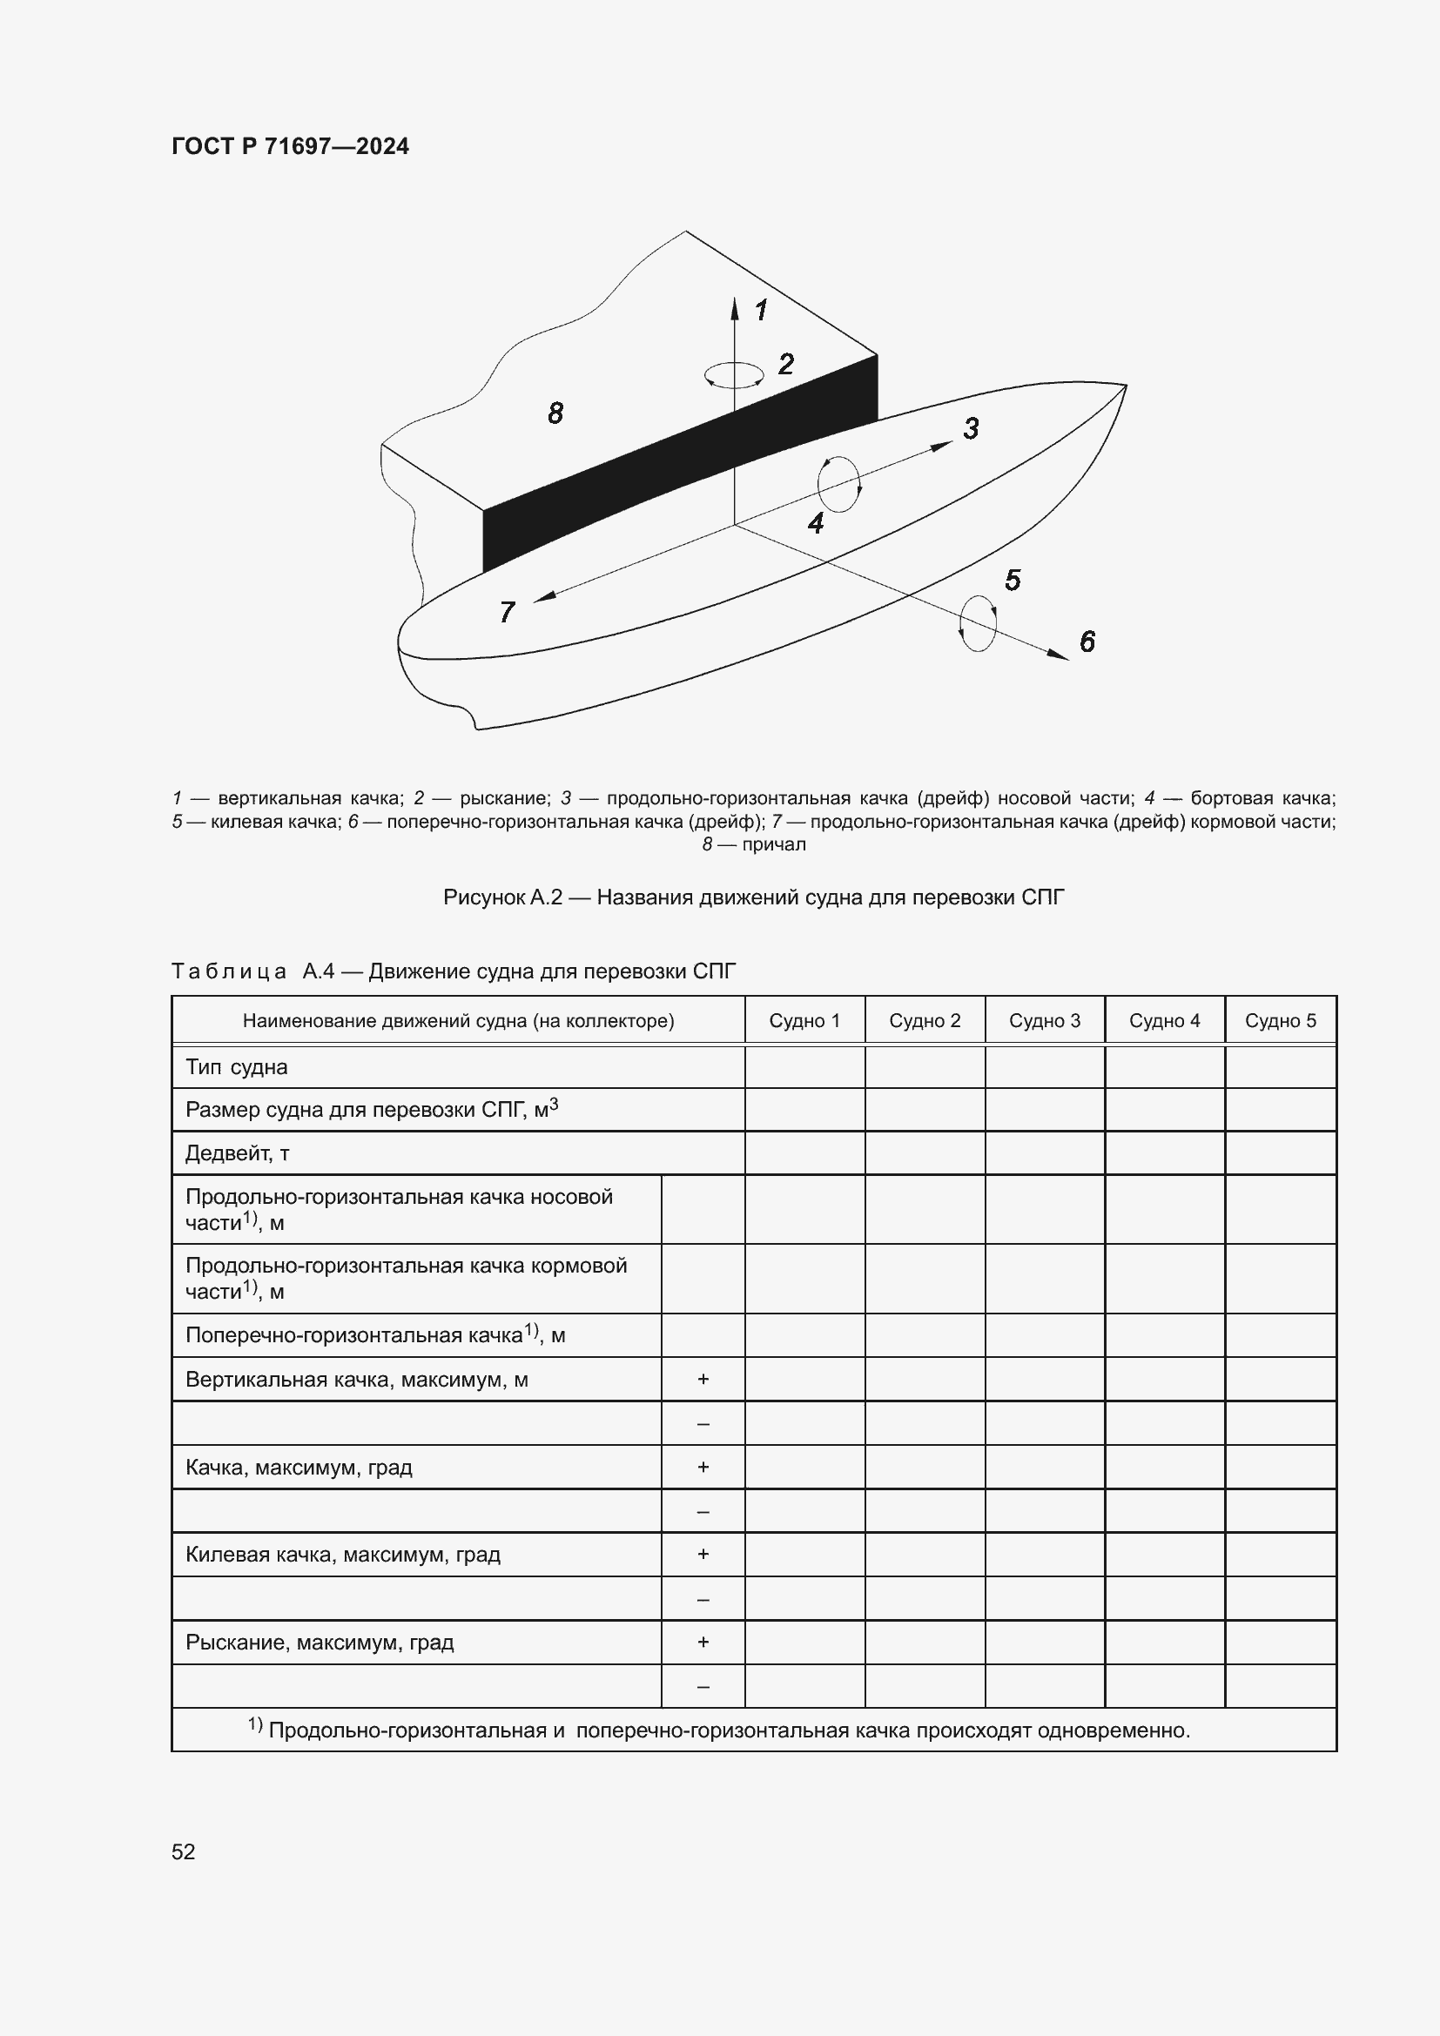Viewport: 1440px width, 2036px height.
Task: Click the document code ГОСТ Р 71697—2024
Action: point(290,146)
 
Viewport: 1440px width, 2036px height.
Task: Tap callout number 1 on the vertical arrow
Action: point(761,311)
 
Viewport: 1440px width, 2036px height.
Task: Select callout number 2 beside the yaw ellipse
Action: point(785,364)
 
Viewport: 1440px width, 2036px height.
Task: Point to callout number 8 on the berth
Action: point(555,413)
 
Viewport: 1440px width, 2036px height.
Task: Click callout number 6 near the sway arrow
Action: point(1087,642)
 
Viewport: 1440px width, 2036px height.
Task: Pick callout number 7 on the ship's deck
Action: point(508,612)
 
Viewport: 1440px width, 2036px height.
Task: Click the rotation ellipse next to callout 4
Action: point(838,484)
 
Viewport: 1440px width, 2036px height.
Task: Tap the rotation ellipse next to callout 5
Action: point(978,623)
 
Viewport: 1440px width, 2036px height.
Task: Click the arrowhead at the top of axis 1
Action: point(734,307)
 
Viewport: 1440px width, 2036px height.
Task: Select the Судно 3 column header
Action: point(1045,1021)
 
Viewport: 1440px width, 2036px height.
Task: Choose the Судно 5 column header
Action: point(1280,1021)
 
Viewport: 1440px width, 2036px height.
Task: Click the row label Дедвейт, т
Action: point(237,1152)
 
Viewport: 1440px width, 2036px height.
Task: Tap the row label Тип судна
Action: point(236,1067)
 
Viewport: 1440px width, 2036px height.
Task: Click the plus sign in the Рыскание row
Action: point(703,1642)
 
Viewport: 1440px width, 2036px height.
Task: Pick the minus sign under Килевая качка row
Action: point(703,1598)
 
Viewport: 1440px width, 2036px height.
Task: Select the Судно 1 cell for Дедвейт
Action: point(804,1152)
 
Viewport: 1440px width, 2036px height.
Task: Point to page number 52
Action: point(183,1851)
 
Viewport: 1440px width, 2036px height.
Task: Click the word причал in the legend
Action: point(773,844)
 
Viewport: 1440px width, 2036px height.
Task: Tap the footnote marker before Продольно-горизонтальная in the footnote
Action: point(254,1724)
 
